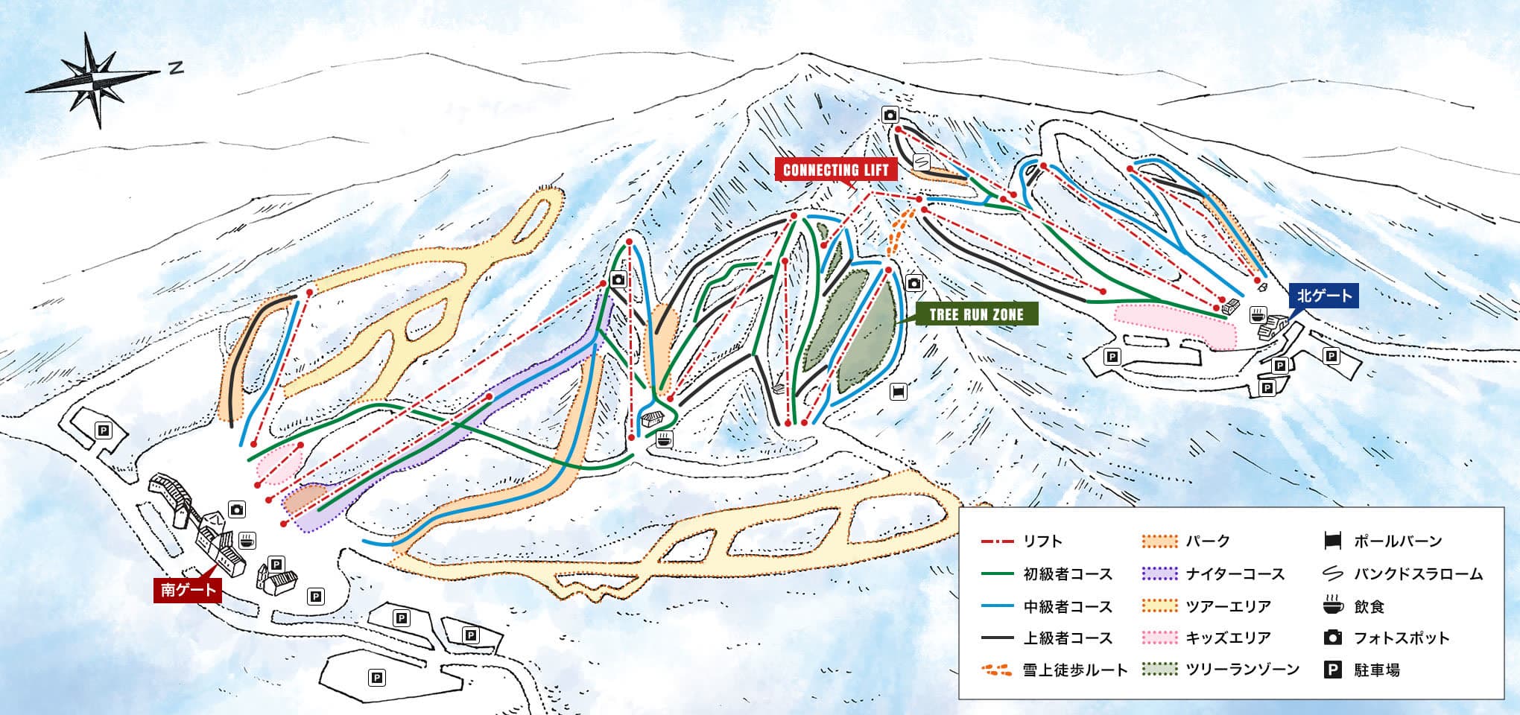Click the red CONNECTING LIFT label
[835, 170]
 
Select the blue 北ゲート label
[1324, 296]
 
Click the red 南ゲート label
[188, 590]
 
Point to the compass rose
[92, 80]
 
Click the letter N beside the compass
[175, 69]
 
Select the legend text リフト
[1043, 541]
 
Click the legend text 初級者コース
[1068, 574]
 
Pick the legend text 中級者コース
[1068, 606]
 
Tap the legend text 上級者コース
[1068, 638]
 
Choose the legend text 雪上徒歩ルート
[1076, 670]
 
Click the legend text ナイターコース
[1235, 574]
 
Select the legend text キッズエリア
[1228, 638]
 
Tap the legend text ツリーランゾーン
[1243, 670]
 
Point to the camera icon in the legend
[1333, 638]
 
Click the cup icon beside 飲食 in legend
[1333, 606]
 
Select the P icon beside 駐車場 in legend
[1333, 670]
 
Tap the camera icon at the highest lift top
[890, 115]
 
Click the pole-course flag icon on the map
[899, 392]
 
